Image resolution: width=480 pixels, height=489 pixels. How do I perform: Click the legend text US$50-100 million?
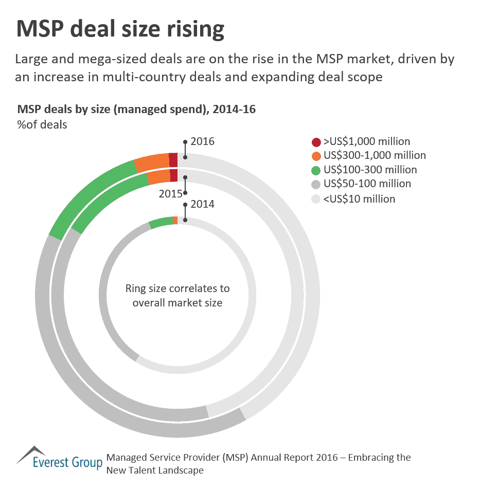pos(367,184)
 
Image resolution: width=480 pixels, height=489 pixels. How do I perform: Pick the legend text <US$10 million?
pos(359,198)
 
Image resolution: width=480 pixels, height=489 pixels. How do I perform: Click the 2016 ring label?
pos(202,142)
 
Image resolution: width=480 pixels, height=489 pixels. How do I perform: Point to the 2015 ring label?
pos(170,194)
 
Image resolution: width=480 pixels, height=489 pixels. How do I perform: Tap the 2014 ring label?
pos(202,204)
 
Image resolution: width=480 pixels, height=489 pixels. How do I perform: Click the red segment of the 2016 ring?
pos(173,159)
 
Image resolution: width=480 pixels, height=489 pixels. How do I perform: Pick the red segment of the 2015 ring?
pos(174,175)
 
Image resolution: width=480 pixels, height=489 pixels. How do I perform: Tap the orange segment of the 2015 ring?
pos(158,177)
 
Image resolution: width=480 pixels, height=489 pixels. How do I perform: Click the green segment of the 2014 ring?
pos(161,222)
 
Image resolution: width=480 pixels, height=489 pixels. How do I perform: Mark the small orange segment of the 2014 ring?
pos(175,220)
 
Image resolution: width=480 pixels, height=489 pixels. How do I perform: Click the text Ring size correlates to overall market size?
pos(177,295)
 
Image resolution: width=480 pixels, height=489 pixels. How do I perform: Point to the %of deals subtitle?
pos(42,124)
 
